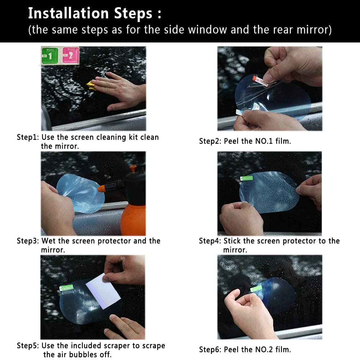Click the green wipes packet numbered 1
pos(50,55)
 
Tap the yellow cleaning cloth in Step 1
pos(91,85)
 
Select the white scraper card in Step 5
pos(103,291)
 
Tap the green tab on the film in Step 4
pos(246,178)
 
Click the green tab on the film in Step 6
pos(256,288)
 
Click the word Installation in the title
pos(68,13)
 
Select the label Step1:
pos(28,137)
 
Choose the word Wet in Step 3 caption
pos(49,241)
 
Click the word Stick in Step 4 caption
pos(232,241)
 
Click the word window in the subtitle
pos(207,30)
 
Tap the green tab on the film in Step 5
pos(66,288)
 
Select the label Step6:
pos(210,350)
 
